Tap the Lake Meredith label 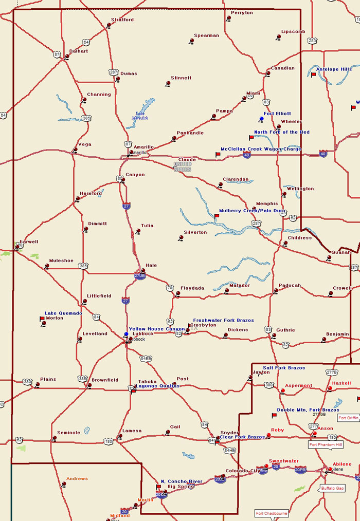pyautogui.click(x=140, y=116)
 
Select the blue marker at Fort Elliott pyautogui.click(x=262, y=119)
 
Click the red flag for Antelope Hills pyautogui.click(x=313, y=75)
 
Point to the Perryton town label pyautogui.click(x=242, y=13)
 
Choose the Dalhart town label pyautogui.click(x=79, y=51)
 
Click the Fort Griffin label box pyautogui.click(x=348, y=418)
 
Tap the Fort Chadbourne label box pyautogui.click(x=271, y=513)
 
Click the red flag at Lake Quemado pyautogui.click(x=42, y=319)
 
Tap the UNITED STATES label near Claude pyautogui.click(x=183, y=167)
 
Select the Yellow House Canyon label pyautogui.click(x=156, y=329)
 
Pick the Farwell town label pyautogui.click(x=29, y=241)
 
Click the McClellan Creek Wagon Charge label pyautogui.click(x=261, y=149)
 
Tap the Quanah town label pyautogui.click(x=341, y=252)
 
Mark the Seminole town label pyautogui.click(x=68, y=433)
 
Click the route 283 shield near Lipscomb pyautogui.click(x=312, y=40)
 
